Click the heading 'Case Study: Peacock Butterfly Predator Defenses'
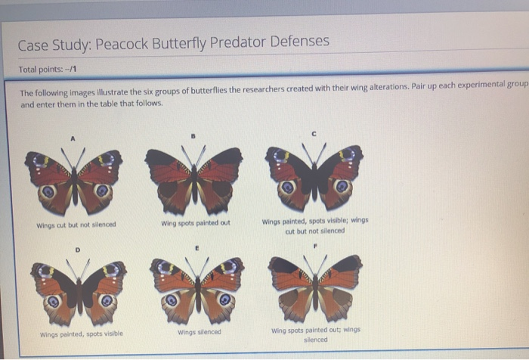click(174, 42)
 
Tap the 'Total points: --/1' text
click(47, 69)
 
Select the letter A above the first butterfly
click(74, 138)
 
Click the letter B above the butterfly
click(194, 136)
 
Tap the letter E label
click(196, 247)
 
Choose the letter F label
click(315, 247)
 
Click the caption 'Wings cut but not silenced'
click(76, 225)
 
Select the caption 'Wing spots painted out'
click(196, 223)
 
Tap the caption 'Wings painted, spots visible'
click(81, 334)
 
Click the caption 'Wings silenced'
click(200, 332)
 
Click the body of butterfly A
click(73, 180)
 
